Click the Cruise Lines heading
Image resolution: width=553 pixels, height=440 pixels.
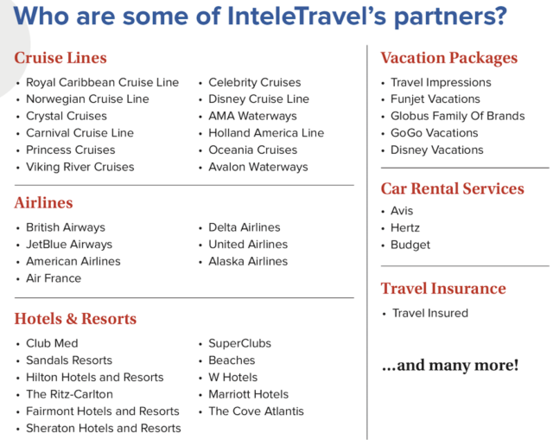[x=60, y=58]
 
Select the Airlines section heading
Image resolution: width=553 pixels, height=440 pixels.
[x=43, y=202]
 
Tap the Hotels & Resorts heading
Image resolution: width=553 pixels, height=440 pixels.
[x=75, y=319]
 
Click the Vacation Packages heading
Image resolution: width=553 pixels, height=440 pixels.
[x=449, y=58]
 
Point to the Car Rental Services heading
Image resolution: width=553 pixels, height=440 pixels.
[x=453, y=188]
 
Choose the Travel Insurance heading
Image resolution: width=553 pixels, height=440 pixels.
[x=443, y=288]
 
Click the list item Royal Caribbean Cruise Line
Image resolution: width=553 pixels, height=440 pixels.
[x=102, y=82]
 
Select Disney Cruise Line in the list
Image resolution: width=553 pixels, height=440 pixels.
[x=258, y=99]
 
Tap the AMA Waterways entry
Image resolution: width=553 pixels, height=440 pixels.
[x=252, y=116]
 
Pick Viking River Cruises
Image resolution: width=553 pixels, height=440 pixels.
[x=80, y=167]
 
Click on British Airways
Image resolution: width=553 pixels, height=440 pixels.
[x=66, y=227]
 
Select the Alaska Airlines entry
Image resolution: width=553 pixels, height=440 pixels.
[x=248, y=261]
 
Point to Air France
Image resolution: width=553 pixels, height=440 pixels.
[x=54, y=278]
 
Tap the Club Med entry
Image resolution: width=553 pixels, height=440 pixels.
[x=52, y=343]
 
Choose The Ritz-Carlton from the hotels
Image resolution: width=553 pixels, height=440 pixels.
[x=69, y=394]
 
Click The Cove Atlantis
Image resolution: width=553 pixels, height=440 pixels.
[x=256, y=411]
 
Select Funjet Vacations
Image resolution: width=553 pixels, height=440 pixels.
[x=435, y=99]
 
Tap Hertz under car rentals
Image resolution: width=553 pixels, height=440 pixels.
[x=405, y=228]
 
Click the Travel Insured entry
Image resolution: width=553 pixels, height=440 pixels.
[x=430, y=313]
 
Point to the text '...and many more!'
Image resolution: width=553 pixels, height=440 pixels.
[x=450, y=365]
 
